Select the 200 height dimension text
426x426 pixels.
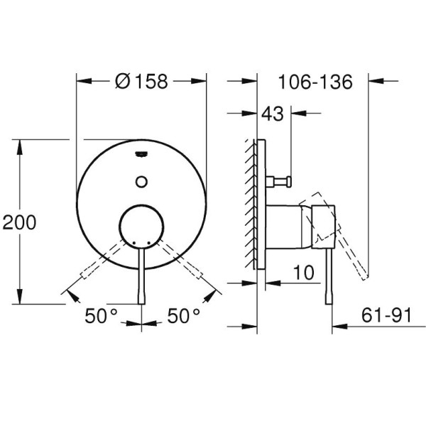tap(19, 222)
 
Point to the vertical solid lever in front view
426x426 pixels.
tap(142, 277)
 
